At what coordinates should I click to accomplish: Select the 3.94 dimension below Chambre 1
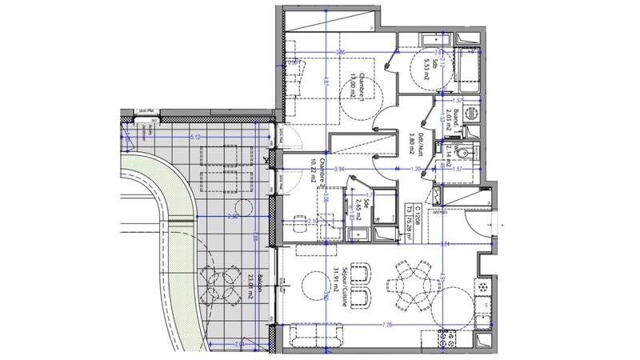pos(339,170)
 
